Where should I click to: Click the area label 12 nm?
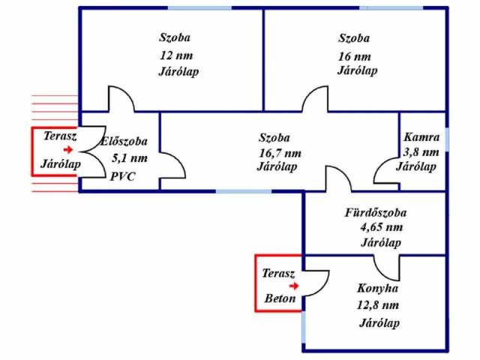(175, 55)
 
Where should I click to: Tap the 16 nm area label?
(355, 56)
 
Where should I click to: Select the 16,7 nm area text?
(280, 153)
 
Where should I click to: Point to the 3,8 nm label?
(421, 152)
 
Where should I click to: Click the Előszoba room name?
(124, 141)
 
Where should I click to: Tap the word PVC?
(121, 177)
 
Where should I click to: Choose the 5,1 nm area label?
(130, 158)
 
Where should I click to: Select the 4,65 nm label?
(381, 227)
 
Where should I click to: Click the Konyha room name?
(377, 288)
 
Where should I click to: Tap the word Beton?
(280, 298)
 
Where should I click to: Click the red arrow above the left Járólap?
(68, 150)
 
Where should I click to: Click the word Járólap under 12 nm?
(179, 72)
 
